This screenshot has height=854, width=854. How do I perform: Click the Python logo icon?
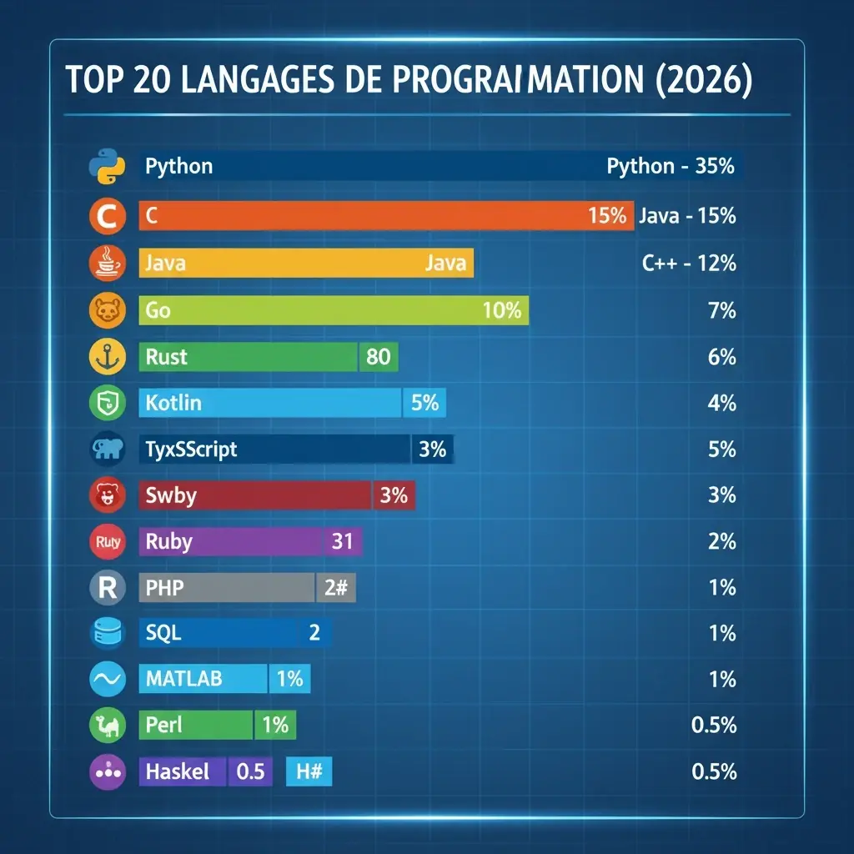pyautogui.click(x=106, y=166)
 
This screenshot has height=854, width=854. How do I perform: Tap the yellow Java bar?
pyautogui.click(x=306, y=264)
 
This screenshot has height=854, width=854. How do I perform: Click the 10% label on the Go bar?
pyautogui.click(x=502, y=311)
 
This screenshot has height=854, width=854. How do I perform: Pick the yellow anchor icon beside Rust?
pyautogui.click(x=106, y=357)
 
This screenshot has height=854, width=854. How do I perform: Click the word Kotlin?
pyautogui.click(x=173, y=403)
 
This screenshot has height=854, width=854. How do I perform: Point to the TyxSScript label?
pyautogui.click(x=191, y=450)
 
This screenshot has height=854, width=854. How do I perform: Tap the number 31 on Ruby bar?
pyautogui.click(x=342, y=541)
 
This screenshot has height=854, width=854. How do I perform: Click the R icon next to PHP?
pyautogui.click(x=106, y=588)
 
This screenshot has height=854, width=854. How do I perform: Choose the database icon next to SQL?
pyautogui.click(x=106, y=634)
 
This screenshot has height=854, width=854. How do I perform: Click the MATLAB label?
pyautogui.click(x=183, y=679)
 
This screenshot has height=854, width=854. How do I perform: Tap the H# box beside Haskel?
pyautogui.click(x=309, y=771)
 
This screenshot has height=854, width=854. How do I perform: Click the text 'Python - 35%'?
pyautogui.click(x=671, y=166)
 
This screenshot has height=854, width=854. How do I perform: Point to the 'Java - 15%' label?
pyautogui.click(x=687, y=216)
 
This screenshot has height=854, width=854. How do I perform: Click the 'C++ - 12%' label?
pyautogui.click(x=689, y=264)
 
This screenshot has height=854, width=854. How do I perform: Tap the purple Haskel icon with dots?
pyautogui.click(x=106, y=771)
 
